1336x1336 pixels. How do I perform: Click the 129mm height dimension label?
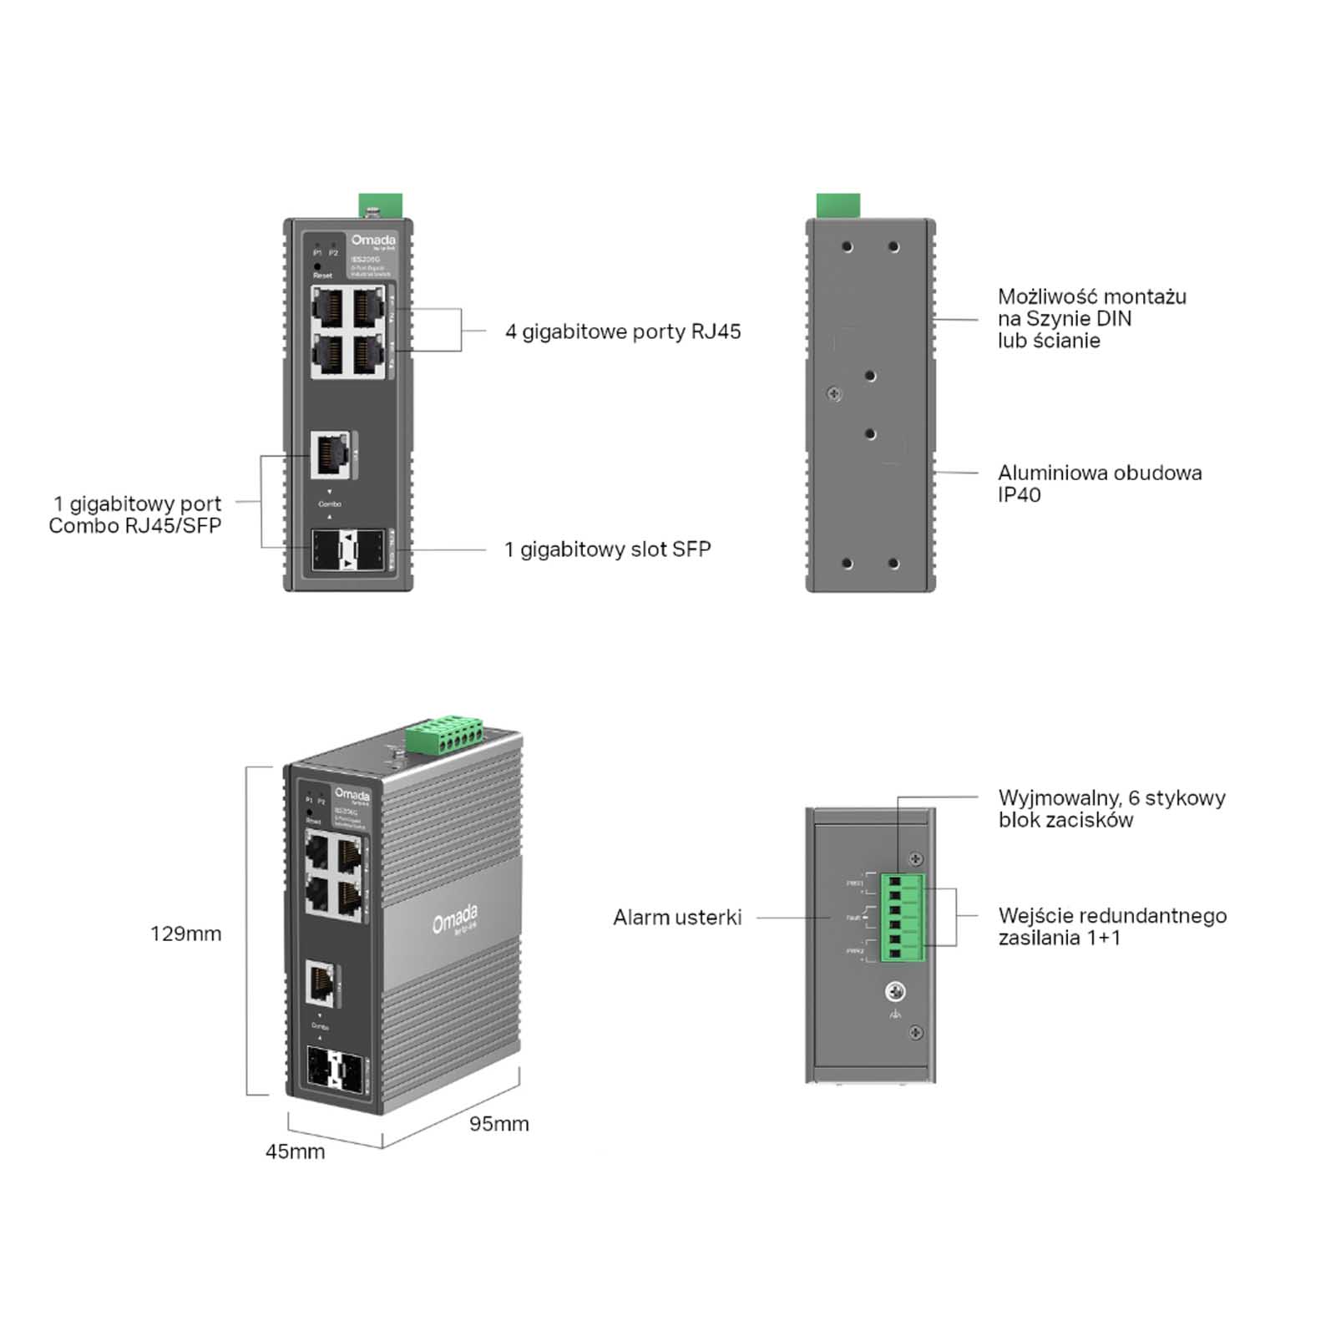[185, 934]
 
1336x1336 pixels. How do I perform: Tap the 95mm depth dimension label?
[498, 1124]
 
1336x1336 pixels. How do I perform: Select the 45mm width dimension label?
[295, 1151]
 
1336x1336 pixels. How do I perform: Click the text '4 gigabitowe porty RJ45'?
[623, 331]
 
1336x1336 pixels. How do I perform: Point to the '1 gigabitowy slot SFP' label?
[607, 549]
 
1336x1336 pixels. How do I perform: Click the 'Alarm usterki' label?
[676, 918]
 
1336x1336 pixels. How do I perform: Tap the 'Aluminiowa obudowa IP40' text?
[1099, 483]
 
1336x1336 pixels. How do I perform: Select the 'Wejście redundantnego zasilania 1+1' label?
[1111, 926]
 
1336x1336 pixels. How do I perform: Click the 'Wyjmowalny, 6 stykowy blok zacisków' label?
[1111, 808]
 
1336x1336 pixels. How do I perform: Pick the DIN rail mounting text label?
[1091, 318]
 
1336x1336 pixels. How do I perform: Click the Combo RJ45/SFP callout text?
[135, 514]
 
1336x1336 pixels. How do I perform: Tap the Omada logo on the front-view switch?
[373, 240]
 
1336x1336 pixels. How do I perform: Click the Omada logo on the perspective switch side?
[455, 918]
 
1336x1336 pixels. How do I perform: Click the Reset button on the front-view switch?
[318, 266]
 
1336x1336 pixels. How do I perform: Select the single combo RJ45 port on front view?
[330, 454]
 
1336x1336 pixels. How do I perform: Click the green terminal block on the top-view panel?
[902, 917]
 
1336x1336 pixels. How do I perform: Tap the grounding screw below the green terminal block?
[895, 992]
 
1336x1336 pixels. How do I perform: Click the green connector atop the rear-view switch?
[838, 205]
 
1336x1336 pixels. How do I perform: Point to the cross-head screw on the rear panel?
[833, 393]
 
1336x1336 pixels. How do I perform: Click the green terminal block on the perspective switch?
[446, 735]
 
